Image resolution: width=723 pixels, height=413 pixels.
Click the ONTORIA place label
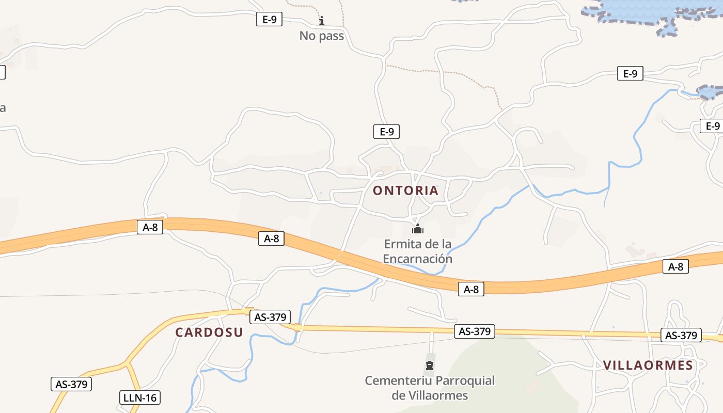point(405,190)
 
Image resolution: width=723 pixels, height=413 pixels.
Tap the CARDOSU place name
point(209,332)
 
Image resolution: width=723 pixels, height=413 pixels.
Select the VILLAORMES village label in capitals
point(648,366)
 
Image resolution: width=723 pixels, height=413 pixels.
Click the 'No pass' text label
point(322,36)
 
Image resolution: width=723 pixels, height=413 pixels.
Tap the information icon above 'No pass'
point(322,21)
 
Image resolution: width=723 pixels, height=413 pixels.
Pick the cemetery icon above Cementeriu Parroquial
point(429,366)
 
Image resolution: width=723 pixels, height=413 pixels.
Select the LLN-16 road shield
point(140,398)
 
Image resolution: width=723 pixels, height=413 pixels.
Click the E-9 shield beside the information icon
point(270,20)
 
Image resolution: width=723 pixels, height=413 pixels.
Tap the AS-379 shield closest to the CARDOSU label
point(270,317)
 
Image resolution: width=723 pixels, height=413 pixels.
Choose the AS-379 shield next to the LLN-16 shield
point(71,384)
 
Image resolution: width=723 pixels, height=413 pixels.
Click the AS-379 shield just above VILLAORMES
point(681,336)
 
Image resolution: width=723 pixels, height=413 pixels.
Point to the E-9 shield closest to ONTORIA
point(386,132)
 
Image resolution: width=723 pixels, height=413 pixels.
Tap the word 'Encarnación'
point(417,259)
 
